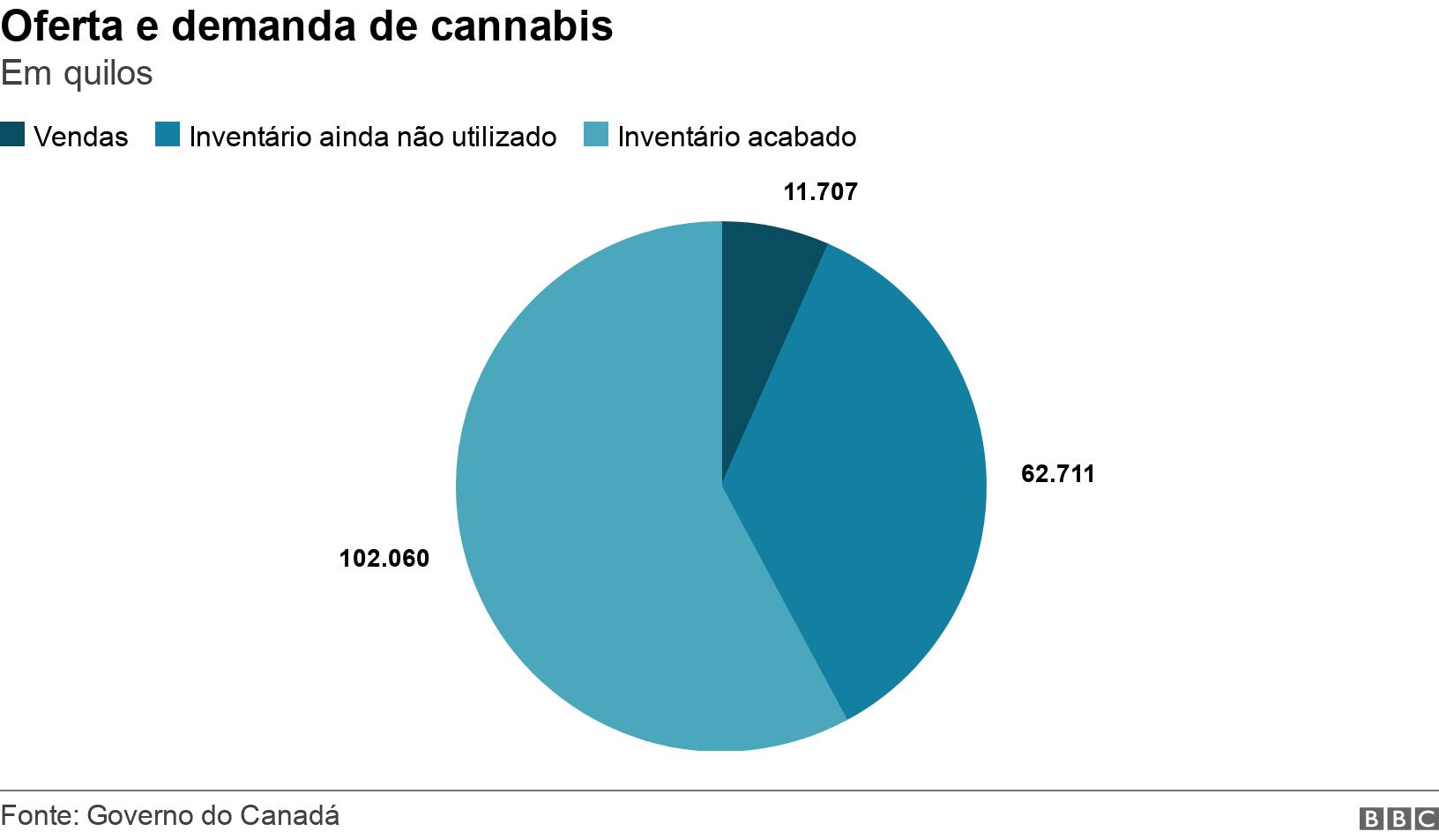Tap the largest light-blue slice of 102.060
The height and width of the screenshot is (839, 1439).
(x=600, y=529)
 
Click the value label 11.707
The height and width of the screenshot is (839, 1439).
(x=820, y=192)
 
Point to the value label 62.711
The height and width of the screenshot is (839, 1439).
(x=1057, y=474)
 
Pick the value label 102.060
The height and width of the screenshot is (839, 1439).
(x=384, y=559)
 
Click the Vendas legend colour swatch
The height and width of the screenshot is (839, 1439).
(x=13, y=135)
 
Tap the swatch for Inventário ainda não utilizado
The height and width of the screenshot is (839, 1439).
(x=167, y=135)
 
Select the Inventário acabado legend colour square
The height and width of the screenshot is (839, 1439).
(x=597, y=135)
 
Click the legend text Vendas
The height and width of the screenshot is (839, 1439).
(x=80, y=137)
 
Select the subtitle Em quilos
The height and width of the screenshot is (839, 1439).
(x=77, y=73)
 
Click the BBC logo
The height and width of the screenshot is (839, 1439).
(x=1398, y=819)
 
